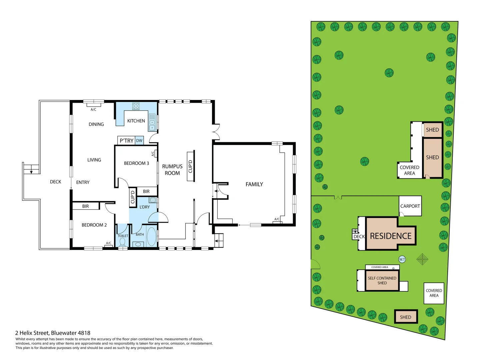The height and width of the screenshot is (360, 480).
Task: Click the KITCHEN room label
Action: (136, 121)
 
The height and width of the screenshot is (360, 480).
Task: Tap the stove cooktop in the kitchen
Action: (136, 106)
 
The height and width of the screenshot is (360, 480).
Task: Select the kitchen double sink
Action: (152, 122)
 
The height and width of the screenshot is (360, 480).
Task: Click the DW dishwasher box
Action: (139, 141)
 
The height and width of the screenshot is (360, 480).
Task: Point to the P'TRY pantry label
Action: (126, 141)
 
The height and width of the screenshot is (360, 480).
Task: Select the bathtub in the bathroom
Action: (151, 236)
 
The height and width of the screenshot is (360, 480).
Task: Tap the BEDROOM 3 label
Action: (136, 163)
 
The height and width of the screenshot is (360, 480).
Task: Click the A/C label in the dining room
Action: (93, 109)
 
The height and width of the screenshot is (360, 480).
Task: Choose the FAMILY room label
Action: (254, 184)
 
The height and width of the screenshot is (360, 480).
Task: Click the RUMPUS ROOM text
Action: (172, 170)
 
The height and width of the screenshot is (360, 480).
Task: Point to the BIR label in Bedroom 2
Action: (85, 206)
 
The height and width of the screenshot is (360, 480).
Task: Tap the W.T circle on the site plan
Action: (402, 259)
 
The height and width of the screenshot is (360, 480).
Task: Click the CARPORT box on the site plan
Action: (410, 206)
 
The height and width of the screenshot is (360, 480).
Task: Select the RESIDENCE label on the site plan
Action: (391, 236)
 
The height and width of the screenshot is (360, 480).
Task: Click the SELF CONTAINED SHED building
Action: (382, 280)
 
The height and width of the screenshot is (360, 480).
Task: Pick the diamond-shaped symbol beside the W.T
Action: (422, 259)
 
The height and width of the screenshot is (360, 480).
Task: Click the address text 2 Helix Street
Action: (53, 333)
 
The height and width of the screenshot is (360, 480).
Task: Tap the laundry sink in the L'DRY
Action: (153, 200)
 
